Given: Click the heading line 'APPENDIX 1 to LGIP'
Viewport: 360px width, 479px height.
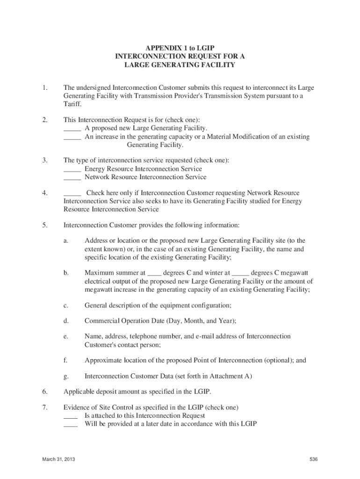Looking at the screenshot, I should click(x=180, y=48).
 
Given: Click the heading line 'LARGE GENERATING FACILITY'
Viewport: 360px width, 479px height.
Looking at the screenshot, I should click(x=180, y=65).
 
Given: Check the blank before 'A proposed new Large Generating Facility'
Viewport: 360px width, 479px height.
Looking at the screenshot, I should click(x=72, y=128).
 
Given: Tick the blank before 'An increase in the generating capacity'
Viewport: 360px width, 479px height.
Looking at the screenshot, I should click(x=72, y=137).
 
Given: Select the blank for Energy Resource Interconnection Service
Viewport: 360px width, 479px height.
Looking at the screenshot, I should click(x=72, y=169).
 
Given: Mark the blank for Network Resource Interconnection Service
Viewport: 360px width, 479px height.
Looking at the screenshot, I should click(x=72, y=178).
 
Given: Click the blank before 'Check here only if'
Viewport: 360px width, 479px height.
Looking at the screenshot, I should click(x=72, y=193).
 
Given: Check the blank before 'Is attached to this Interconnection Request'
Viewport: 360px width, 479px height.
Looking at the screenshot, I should click(x=71, y=416).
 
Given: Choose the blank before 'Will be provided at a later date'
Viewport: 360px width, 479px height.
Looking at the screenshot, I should click(x=71, y=425).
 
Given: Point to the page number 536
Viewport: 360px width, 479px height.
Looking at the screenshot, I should click(x=313, y=459).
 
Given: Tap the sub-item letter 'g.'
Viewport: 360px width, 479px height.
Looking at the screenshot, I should click(x=66, y=376).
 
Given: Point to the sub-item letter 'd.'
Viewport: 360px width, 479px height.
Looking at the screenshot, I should click(x=66, y=320).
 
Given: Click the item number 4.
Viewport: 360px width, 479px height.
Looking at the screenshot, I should click(x=44, y=193).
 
